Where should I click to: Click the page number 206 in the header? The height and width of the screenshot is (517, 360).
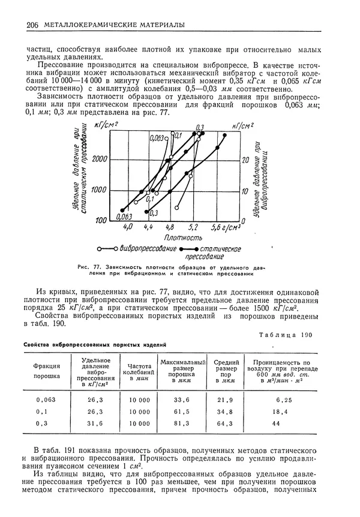[x=32, y=25]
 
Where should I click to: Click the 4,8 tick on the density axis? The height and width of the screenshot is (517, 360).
[x=170, y=228]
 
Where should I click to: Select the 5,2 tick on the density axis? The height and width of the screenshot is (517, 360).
[x=193, y=228]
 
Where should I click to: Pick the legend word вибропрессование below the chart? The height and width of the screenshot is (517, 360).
[x=148, y=248]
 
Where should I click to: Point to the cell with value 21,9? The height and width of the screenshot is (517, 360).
[x=224, y=399]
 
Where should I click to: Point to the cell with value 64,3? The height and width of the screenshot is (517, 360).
[x=224, y=424]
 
